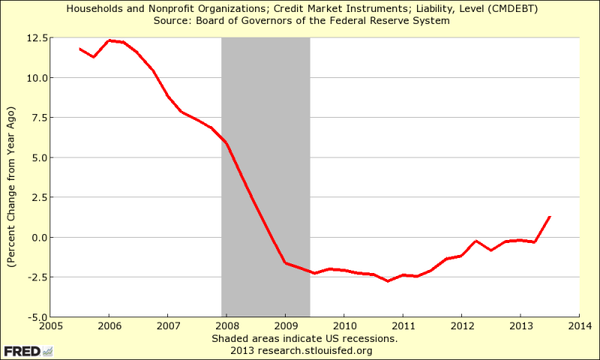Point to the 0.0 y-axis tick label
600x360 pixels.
[38, 237]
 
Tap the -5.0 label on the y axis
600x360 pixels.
[37, 317]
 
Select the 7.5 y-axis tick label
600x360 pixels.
[38, 117]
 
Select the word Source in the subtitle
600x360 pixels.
[171, 20]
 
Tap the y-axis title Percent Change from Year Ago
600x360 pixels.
[12, 177]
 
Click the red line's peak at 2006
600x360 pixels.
[109, 40]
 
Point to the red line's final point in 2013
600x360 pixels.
[550, 217]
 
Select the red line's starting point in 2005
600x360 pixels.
[79, 49]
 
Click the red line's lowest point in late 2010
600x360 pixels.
[388, 281]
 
